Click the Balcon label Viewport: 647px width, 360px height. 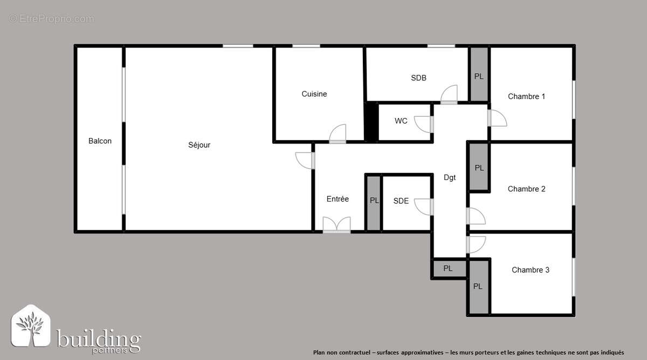[100, 141]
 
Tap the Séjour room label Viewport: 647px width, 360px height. [199, 145]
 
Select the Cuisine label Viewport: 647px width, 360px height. [314, 94]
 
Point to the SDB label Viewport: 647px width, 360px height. [418, 78]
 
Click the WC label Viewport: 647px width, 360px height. [401, 121]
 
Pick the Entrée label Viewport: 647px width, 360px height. [338, 199]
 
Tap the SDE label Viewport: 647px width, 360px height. [401, 201]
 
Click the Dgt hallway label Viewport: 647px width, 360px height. [450, 177]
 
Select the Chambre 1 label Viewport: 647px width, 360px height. [526, 96]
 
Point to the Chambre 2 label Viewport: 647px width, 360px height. [526, 189]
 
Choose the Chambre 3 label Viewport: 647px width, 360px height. [530, 270]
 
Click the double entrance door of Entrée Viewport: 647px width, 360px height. [336, 225]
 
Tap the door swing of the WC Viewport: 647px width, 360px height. [424, 124]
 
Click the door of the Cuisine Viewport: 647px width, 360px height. [338, 134]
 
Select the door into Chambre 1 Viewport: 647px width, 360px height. [497, 118]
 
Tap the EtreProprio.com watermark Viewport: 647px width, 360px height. [52, 19]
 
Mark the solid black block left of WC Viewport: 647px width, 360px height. [371, 122]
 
